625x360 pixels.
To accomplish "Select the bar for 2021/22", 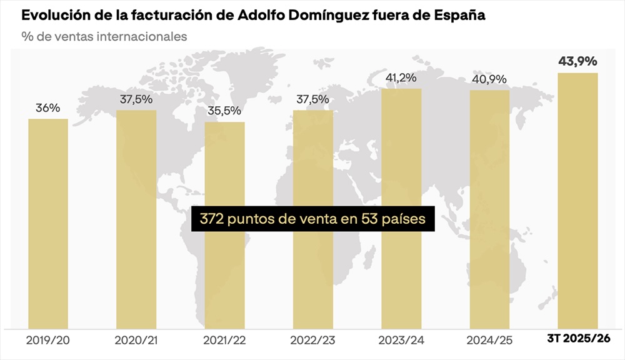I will [225, 225].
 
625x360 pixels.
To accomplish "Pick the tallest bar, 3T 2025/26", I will [577, 200].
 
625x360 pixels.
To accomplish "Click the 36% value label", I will [48, 108].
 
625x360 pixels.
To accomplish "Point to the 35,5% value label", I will [225, 111].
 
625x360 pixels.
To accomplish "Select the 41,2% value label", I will [401, 78].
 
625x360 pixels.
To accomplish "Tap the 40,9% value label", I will [489, 79].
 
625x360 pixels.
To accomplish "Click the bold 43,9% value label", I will [577, 61].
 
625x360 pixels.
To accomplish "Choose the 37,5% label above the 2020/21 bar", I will [136, 99].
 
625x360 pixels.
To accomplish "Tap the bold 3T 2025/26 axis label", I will [578, 339].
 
